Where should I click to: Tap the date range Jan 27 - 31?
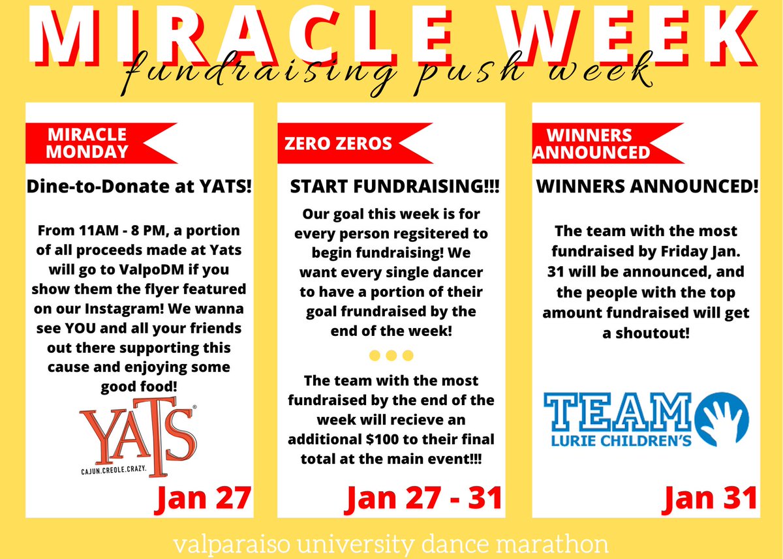coord(424,498)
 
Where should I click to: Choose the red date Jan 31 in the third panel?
coord(711,498)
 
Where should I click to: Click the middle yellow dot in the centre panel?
coord(391,355)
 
